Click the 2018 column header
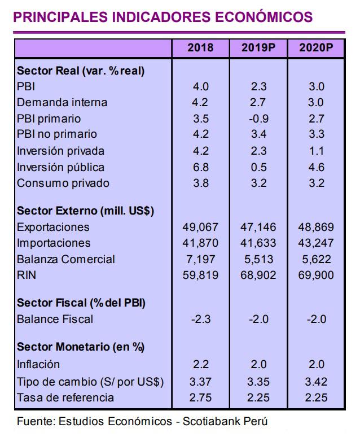(x=200, y=47)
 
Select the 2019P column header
(x=259, y=47)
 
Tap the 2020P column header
(x=316, y=47)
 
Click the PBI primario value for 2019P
(x=259, y=119)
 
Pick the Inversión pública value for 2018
(x=200, y=167)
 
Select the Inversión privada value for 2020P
(x=316, y=151)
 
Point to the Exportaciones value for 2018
(x=200, y=227)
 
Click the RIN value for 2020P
(x=316, y=276)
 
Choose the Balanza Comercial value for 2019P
(x=259, y=259)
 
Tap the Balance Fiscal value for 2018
(x=200, y=319)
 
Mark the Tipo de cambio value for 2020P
(x=316, y=381)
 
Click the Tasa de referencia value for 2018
(x=200, y=397)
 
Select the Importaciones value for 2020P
(x=316, y=243)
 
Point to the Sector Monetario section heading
(x=81, y=347)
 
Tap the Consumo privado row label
(x=63, y=183)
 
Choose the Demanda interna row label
(x=62, y=102)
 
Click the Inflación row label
(x=38, y=364)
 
